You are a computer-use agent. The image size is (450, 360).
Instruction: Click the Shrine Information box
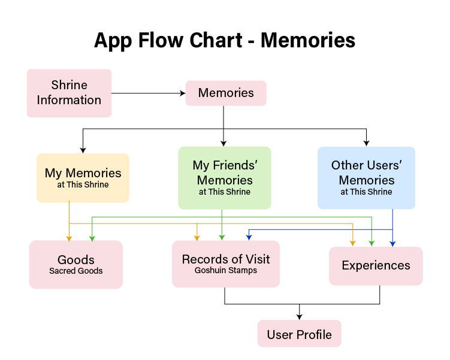tap(69, 93)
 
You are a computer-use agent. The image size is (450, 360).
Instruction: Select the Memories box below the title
tap(226, 93)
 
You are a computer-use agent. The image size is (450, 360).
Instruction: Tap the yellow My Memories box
tap(83, 178)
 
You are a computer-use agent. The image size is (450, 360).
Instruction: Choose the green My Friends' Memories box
tap(225, 178)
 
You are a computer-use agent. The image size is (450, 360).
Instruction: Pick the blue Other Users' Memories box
tap(366, 178)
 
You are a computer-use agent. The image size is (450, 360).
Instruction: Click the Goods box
tap(75, 265)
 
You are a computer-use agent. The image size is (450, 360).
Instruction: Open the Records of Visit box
tap(226, 264)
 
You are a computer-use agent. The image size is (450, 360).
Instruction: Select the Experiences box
tap(376, 266)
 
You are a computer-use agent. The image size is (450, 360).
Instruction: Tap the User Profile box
tap(300, 334)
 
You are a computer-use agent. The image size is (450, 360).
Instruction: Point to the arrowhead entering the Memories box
tap(183, 93)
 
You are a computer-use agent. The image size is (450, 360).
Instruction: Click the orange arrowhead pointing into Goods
tap(69, 238)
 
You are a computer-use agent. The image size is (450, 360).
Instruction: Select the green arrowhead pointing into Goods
tap(92, 238)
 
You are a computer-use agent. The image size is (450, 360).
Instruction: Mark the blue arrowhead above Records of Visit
tap(249, 238)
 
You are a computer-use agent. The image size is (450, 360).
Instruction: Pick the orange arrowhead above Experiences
tap(353, 244)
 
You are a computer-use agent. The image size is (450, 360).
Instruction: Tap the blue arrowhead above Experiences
tap(392, 244)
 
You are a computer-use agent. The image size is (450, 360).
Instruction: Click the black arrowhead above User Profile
tap(300, 317)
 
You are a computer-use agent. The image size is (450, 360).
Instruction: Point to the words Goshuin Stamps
tap(226, 270)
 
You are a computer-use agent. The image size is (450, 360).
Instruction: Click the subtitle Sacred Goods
tap(75, 271)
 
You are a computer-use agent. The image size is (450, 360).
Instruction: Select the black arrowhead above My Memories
tap(83, 150)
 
